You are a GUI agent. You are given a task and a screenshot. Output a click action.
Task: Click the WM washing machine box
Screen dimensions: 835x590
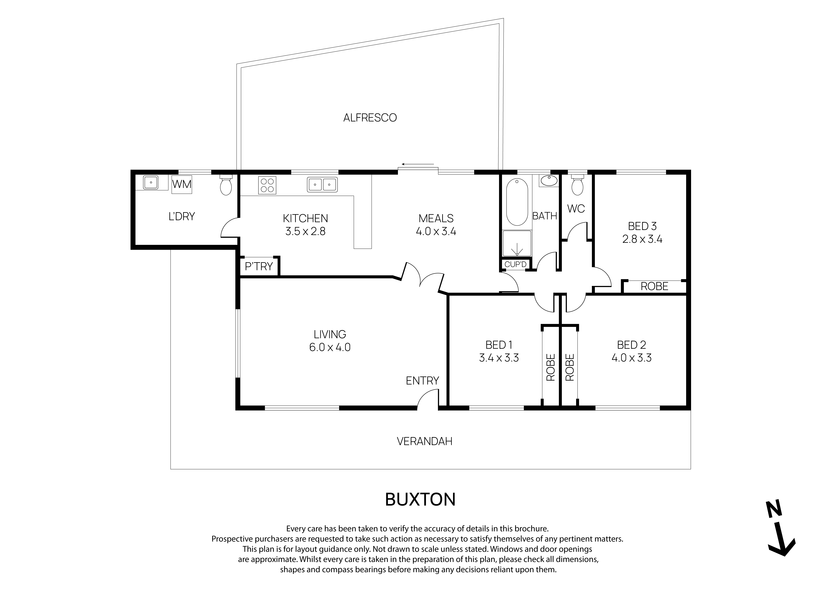pos(182,185)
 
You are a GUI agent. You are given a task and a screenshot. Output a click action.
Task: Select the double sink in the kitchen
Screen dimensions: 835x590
pos(322,185)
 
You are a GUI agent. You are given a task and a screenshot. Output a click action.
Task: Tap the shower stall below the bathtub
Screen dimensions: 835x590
pos(517,243)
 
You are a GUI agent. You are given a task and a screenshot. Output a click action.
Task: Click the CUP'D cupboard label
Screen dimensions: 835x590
pos(515,264)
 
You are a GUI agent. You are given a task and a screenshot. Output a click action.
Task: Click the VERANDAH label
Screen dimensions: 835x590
pos(424,441)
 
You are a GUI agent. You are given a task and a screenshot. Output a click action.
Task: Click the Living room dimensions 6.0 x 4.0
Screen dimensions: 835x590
pos(330,347)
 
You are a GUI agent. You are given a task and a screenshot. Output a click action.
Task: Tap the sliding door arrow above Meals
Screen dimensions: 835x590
pos(417,164)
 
